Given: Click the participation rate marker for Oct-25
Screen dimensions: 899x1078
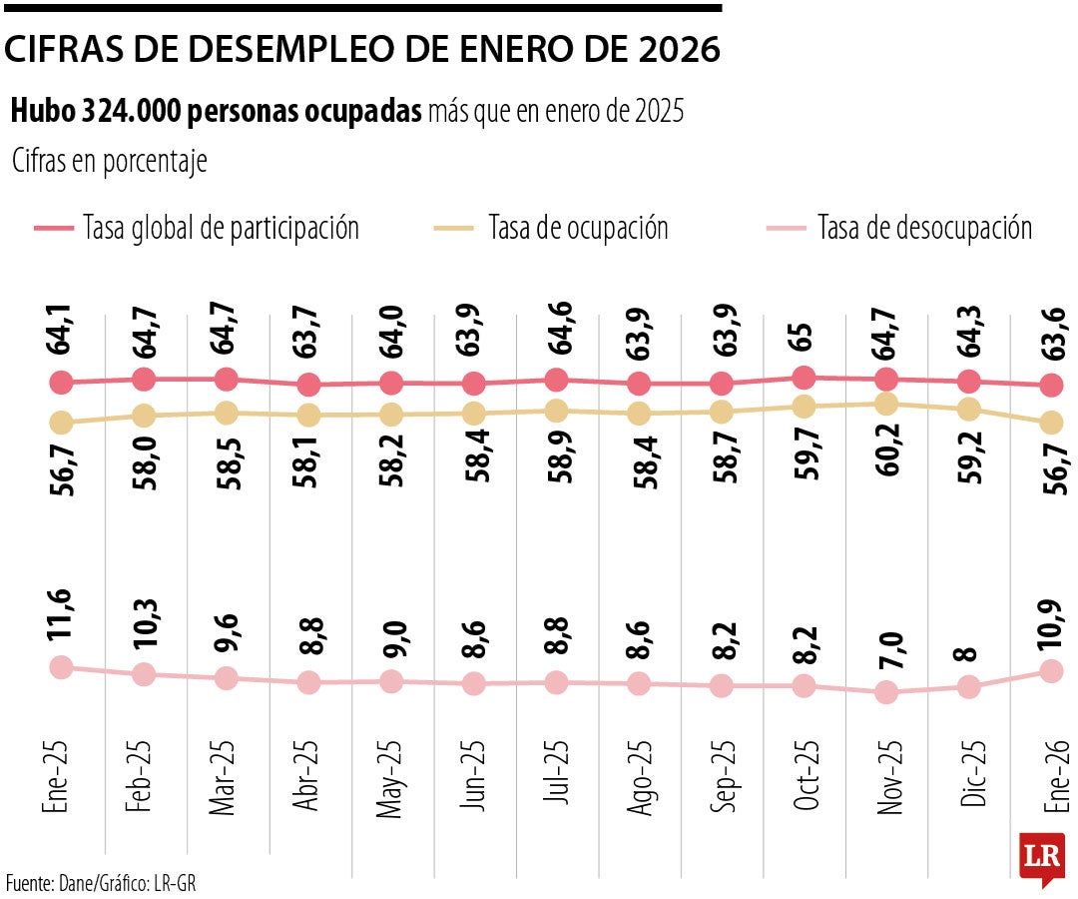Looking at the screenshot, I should pyautogui.click(x=804, y=378).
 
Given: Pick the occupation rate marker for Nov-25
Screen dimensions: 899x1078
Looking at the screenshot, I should pyautogui.click(x=885, y=404).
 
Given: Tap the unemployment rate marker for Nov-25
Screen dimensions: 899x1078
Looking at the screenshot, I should pyautogui.click(x=885, y=692).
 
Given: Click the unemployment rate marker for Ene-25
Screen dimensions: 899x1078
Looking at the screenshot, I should pyautogui.click(x=62, y=667).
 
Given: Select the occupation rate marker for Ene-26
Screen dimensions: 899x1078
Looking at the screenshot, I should pyautogui.click(x=1050, y=423).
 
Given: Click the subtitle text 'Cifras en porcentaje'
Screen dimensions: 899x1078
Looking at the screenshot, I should pyautogui.click(x=110, y=161).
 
